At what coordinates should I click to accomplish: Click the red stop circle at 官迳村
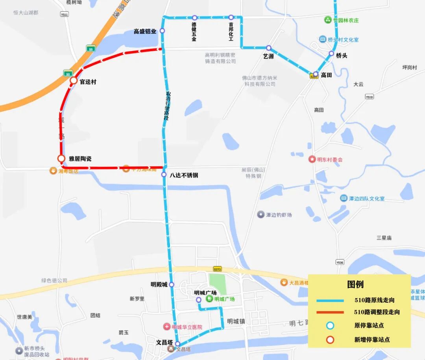(74, 80)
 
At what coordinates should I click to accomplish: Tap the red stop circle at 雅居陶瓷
(61, 159)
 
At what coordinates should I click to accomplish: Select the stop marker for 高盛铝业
(162, 31)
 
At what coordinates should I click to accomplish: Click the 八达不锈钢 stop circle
(164, 174)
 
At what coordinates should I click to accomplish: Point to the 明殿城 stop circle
(172, 284)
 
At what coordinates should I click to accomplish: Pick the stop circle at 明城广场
(199, 300)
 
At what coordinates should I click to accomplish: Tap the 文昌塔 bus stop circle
(177, 343)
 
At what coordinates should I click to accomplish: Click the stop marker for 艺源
(269, 48)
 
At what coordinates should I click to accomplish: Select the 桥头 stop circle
(331, 54)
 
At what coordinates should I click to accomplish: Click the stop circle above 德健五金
(194, 18)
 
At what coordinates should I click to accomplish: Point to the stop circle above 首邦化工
(231, 17)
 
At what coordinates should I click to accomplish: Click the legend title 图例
(355, 284)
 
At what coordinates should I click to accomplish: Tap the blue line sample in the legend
(330, 301)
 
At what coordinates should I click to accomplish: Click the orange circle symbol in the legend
(330, 340)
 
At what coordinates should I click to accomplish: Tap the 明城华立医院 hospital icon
(167, 327)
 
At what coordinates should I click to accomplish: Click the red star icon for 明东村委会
(312, 159)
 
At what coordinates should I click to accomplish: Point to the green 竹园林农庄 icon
(328, 20)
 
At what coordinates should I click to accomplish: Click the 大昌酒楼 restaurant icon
(284, 282)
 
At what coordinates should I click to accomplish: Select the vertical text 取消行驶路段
(168, 106)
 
